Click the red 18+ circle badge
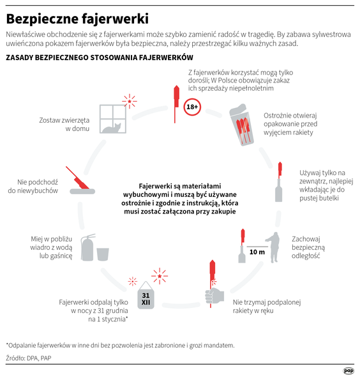[x=192, y=107]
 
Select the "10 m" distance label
[x=257, y=252]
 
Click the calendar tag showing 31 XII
[x=146, y=297]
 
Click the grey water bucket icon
[x=104, y=253]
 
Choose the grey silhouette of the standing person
[x=274, y=246]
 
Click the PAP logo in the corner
[x=349, y=369]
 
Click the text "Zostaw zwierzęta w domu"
[x=64, y=124]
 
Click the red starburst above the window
[x=130, y=100]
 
